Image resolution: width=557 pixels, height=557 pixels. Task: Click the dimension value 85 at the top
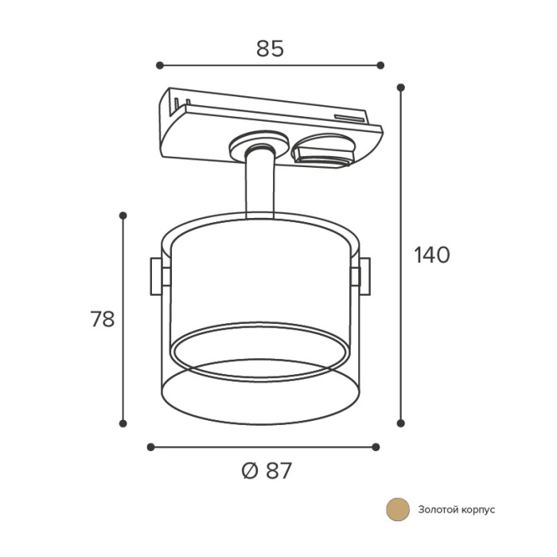point(270,49)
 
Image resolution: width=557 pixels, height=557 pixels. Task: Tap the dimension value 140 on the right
point(432,255)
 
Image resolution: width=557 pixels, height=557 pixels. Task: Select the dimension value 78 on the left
point(103,318)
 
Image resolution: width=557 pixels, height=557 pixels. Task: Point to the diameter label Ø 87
point(267,471)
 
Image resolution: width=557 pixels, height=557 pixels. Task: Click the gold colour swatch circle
point(398,509)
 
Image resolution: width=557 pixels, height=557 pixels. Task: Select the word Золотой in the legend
point(439,509)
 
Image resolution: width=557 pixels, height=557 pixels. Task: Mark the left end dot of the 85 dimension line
point(160,65)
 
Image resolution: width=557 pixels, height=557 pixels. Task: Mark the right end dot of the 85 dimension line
point(380,65)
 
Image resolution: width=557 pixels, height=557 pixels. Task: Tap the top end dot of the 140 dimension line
point(401,88)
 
